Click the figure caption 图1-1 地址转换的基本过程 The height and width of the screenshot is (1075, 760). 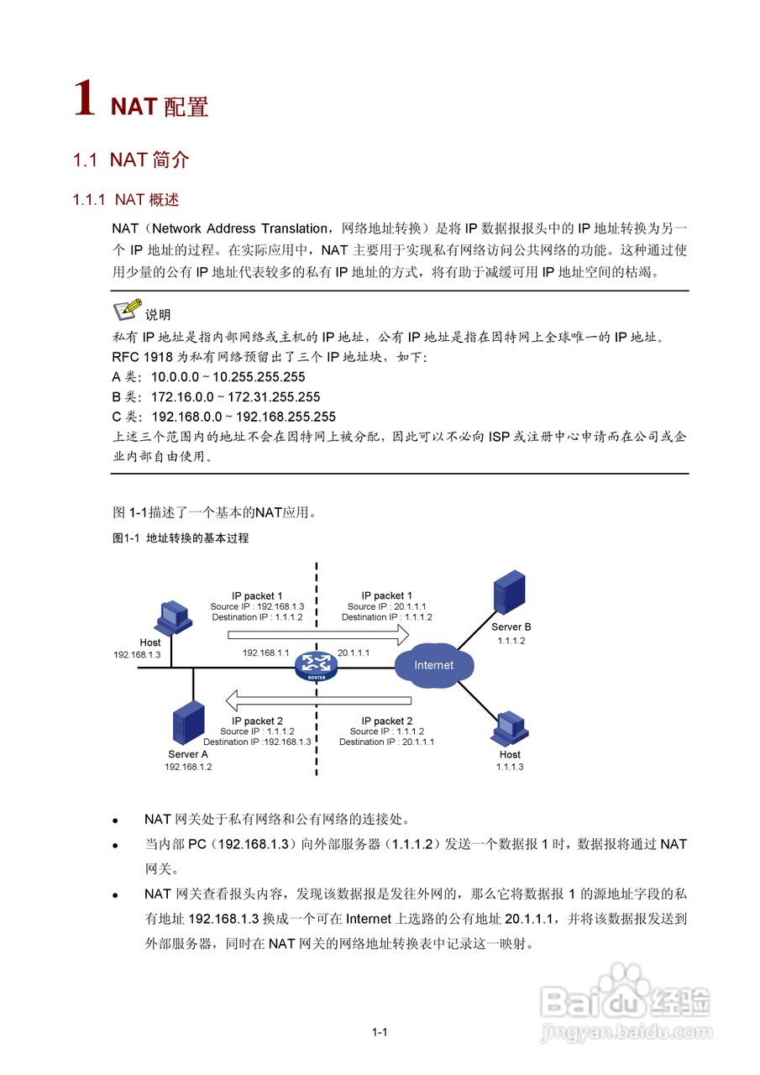[x=181, y=538]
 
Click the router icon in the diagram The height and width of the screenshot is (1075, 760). [x=316, y=666]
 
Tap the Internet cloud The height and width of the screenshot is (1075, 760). [x=433, y=664]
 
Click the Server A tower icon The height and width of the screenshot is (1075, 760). [x=188, y=724]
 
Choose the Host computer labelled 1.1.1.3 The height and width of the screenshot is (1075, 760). [x=509, y=728]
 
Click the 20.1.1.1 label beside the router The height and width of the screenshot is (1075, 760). [x=354, y=653]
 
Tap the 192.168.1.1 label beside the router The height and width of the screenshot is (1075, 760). [x=265, y=653]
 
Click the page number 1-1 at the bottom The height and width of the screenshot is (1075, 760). [x=379, y=1032]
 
